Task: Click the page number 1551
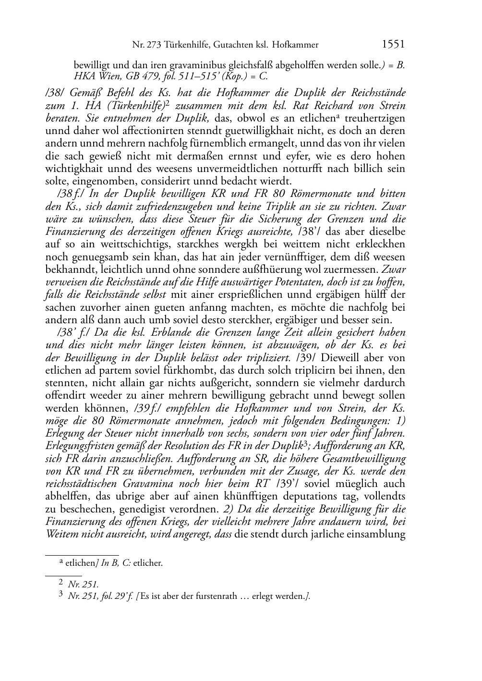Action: [x=393, y=45]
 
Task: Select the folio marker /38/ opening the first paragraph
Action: [x=55, y=93]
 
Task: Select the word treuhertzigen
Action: [x=377, y=118]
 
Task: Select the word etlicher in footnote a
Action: [x=148, y=563]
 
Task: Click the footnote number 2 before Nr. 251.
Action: [x=61, y=583]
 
